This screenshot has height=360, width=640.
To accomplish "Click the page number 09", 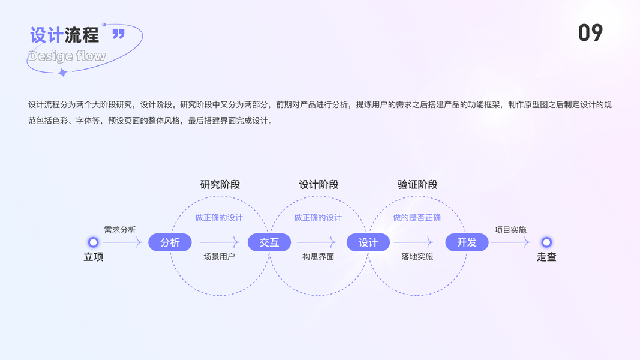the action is pos(590,32).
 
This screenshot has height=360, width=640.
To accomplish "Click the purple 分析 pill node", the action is pos(170,242).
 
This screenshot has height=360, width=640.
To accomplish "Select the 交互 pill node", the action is pos(269,242).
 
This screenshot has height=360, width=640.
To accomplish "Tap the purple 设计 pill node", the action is pos(368,242).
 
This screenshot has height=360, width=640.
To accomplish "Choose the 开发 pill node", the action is pos(467,242).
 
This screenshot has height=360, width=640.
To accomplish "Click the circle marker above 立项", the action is pos(93,242).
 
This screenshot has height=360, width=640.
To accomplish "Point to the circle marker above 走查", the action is pos(546,242).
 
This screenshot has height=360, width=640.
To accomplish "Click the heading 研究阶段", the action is pos(220,185).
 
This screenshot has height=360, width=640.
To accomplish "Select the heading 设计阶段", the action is pos(319,185).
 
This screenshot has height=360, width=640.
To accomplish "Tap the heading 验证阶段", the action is pos(417,185).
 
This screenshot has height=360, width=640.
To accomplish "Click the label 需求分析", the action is pos(120,230).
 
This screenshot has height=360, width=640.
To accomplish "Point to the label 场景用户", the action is pos(219,257).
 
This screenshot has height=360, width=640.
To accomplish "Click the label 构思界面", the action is pos(318,257).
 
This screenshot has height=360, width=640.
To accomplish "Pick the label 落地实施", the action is pos(417,257).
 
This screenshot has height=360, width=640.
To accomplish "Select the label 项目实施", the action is pos(510,230).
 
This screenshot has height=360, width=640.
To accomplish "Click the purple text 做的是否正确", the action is pos(417,217).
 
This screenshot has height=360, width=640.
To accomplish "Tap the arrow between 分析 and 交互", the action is pos(220,242).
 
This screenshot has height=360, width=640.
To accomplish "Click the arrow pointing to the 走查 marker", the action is pos(510,242).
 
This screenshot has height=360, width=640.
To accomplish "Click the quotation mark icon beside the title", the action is pos(119,34).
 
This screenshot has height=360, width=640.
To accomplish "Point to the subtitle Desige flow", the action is pos(67,56).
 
